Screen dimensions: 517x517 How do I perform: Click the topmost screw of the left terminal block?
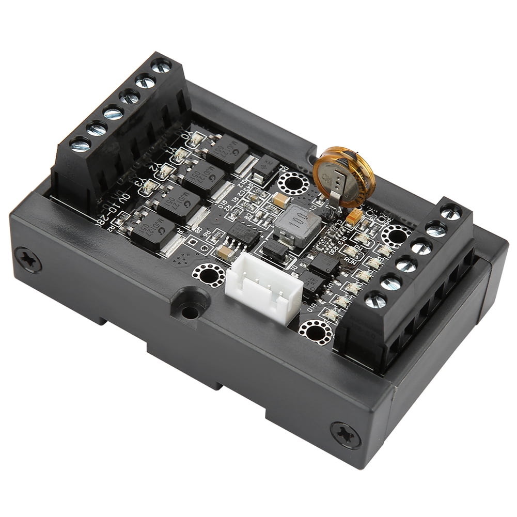click(161, 66)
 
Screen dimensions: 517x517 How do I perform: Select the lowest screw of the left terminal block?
click(80, 145)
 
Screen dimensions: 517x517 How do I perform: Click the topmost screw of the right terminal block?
click(450, 212)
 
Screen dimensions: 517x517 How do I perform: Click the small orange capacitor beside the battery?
click(354, 217)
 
